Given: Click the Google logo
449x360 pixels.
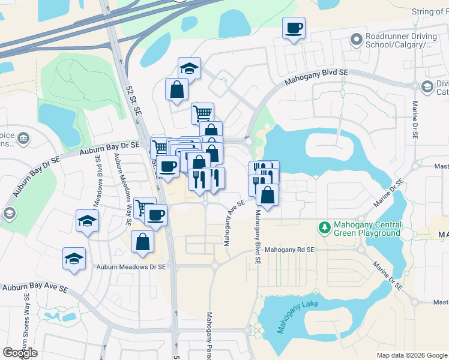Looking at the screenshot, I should [x=20, y=353].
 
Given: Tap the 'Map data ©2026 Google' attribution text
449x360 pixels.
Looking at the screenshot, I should [x=412, y=355].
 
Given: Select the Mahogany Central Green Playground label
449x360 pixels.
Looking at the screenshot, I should [x=367, y=229].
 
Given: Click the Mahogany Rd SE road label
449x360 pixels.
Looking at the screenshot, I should [x=289, y=249].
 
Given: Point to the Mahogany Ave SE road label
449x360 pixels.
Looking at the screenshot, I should [x=234, y=223].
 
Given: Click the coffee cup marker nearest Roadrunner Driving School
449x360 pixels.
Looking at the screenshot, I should [x=294, y=28].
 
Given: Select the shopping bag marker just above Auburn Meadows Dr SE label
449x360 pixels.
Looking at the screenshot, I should [x=142, y=242].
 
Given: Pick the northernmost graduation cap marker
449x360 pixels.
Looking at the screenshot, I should [x=189, y=68].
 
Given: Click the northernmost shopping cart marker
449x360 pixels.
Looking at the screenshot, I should [x=203, y=113].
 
